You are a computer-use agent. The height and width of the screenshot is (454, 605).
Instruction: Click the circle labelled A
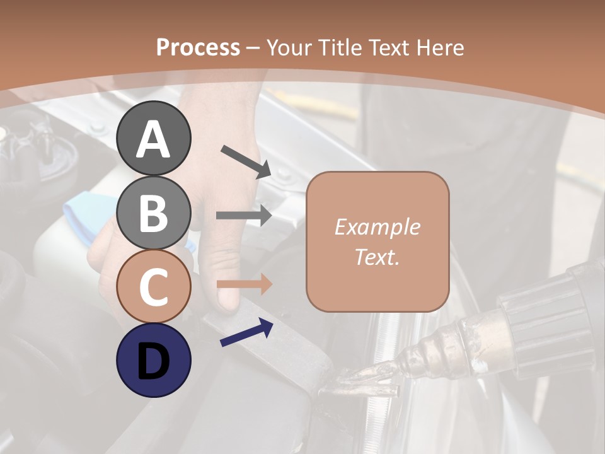click(x=153, y=139)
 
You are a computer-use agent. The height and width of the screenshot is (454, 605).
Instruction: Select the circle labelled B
click(x=153, y=212)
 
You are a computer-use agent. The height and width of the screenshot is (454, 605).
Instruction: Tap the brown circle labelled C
click(x=153, y=286)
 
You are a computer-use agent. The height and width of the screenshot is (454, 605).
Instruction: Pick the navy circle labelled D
click(x=153, y=360)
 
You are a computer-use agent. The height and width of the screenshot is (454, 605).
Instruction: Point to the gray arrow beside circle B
click(x=244, y=215)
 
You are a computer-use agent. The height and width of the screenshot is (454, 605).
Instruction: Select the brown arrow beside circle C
click(x=244, y=284)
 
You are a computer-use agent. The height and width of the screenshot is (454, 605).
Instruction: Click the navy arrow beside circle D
click(x=246, y=333)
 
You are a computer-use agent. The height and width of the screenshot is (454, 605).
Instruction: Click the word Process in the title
click(x=198, y=47)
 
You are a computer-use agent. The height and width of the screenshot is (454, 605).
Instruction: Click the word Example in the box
click(x=377, y=227)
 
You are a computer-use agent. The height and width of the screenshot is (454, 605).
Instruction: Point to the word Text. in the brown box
click(x=377, y=257)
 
